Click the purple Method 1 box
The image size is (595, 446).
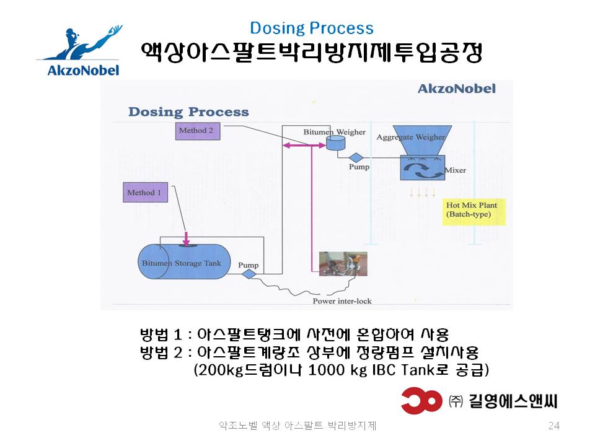click(x=145, y=192)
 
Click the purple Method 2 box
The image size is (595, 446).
click(x=198, y=131)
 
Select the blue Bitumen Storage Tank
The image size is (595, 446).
click(x=184, y=261)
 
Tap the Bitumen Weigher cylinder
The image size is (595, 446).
click(x=336, y=142)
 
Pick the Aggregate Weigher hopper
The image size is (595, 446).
click(x=422, y=139)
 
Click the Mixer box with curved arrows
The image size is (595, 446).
click(x=422, y=167)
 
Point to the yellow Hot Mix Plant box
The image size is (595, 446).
click(x=474, y=212)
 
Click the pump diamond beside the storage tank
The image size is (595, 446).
click(x=249, y=274)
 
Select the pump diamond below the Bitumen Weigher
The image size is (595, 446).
click(x=356, y=157)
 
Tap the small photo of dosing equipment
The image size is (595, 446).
click(x=343, y=264)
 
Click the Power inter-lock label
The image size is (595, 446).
click(x=342, y=301)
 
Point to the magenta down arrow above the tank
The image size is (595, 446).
click(x=186, y=238)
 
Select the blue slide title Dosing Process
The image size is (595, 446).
click(x=312, y=28)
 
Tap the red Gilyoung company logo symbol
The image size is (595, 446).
click(x=421, y=401)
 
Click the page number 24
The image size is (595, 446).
click(x=553, y=426)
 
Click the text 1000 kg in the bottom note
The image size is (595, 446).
click(x=338, y=370)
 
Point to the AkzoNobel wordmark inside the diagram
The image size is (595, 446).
click(x=457, y=89)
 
